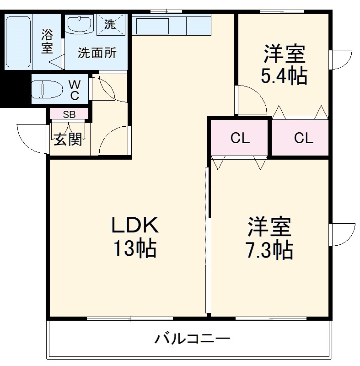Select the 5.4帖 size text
pyautogui.click(x=284, y=76)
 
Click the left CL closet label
pyautogui.click(x=240, y=138)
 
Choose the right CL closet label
pyautogui.click(x=303, y=138)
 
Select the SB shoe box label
pyautogui.click(x=69, y=114)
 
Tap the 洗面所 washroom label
pyautogui.click(x=97, y=53)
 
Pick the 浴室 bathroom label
pyautogui.click(x=47, y=41)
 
